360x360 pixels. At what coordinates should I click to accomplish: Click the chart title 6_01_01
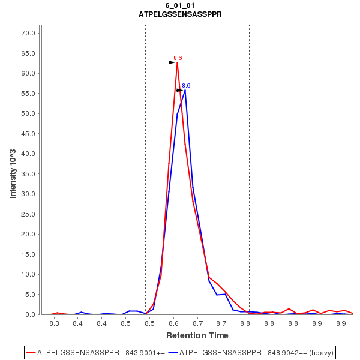pos(180,5)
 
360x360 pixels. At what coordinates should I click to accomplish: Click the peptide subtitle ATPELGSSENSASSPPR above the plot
pos(180,14)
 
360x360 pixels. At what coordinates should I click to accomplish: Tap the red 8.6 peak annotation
pos(178,58)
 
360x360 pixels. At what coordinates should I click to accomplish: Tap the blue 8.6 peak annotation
pos(186,86)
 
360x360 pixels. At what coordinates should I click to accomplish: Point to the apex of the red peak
pos(178,62)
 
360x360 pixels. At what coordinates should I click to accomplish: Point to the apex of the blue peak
pos(185,90)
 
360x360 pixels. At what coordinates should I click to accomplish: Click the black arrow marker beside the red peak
pos(172,62)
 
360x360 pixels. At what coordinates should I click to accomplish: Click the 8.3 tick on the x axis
pos(54,323)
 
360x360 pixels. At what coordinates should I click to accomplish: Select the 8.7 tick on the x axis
pos(221,323)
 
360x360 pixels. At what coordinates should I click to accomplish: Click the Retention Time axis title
pos(197,335)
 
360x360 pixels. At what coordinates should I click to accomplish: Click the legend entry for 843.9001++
pos(96,352)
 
